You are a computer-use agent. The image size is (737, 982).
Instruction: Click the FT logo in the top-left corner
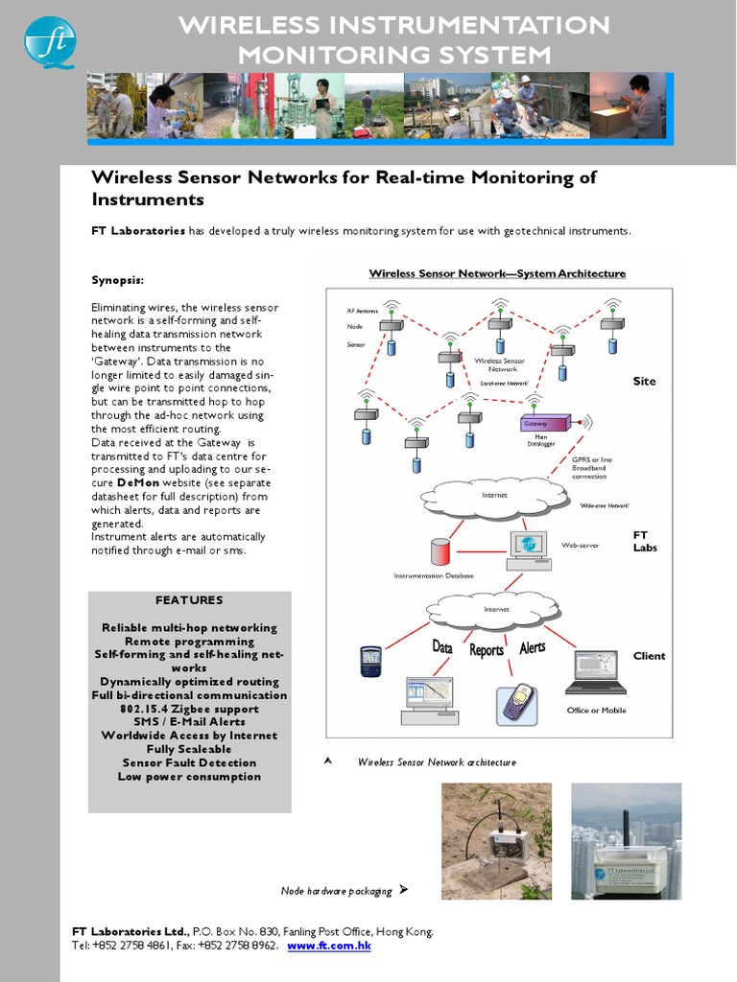(50, 41)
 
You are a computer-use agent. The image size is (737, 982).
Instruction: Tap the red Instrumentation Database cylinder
(440, 552)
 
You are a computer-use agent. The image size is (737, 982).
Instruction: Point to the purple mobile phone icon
(518, 703)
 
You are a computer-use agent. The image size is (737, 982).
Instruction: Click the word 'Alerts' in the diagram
(533, 647)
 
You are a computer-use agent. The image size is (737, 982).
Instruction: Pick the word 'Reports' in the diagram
(487, 650)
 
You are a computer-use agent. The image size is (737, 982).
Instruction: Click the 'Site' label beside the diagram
(644, 381)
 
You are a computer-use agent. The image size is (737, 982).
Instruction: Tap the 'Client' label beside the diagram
(649, 656)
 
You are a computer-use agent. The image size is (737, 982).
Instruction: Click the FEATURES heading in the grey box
(189, 600)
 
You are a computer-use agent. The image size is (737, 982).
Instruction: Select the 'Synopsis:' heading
(118, 280)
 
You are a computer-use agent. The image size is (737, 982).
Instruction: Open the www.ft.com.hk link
(329, 946)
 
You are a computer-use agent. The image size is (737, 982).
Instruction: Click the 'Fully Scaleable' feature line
(189, 749)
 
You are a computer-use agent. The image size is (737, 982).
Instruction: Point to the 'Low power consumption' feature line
(189, 777)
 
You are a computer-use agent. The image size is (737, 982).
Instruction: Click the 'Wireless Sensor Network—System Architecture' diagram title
(497, 273)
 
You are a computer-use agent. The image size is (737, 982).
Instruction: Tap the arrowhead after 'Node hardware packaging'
(403, 890)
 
